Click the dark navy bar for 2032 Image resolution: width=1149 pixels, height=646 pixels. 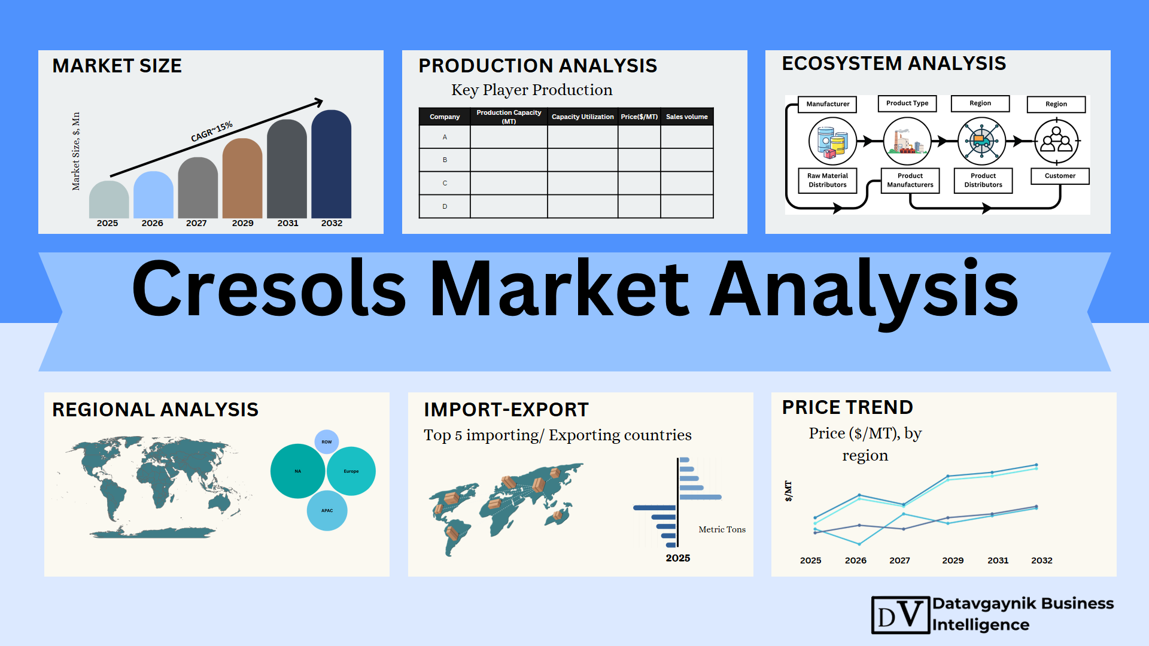coord(331,164)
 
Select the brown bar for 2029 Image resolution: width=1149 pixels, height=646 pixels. coord(242,178)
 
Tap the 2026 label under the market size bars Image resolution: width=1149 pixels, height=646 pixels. coord(152,223)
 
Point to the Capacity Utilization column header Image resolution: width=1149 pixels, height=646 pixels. coord(582,117)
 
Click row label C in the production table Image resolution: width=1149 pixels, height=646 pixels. coord(445,183)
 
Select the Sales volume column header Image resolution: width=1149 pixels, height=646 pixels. coord(687,117)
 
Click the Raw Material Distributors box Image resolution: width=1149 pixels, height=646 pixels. coord(828,180)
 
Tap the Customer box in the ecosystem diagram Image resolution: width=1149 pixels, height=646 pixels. coord(1060,176)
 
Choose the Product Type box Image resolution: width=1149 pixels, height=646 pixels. coord(907,103)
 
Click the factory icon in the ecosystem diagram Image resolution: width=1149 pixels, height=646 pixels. coord(907,141)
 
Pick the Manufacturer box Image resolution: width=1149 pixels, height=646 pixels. coord(828,104)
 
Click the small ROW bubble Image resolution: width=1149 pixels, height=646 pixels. coord(327,442)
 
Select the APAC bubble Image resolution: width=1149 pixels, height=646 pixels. coord(327,511)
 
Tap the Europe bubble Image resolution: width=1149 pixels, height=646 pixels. coord(351,471)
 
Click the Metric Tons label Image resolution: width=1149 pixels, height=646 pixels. coord(722,529)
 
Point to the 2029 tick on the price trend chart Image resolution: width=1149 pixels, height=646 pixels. coord(953,560)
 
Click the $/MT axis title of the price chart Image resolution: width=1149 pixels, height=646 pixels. coord(788,491)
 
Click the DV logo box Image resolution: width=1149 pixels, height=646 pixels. coord(901,615)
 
